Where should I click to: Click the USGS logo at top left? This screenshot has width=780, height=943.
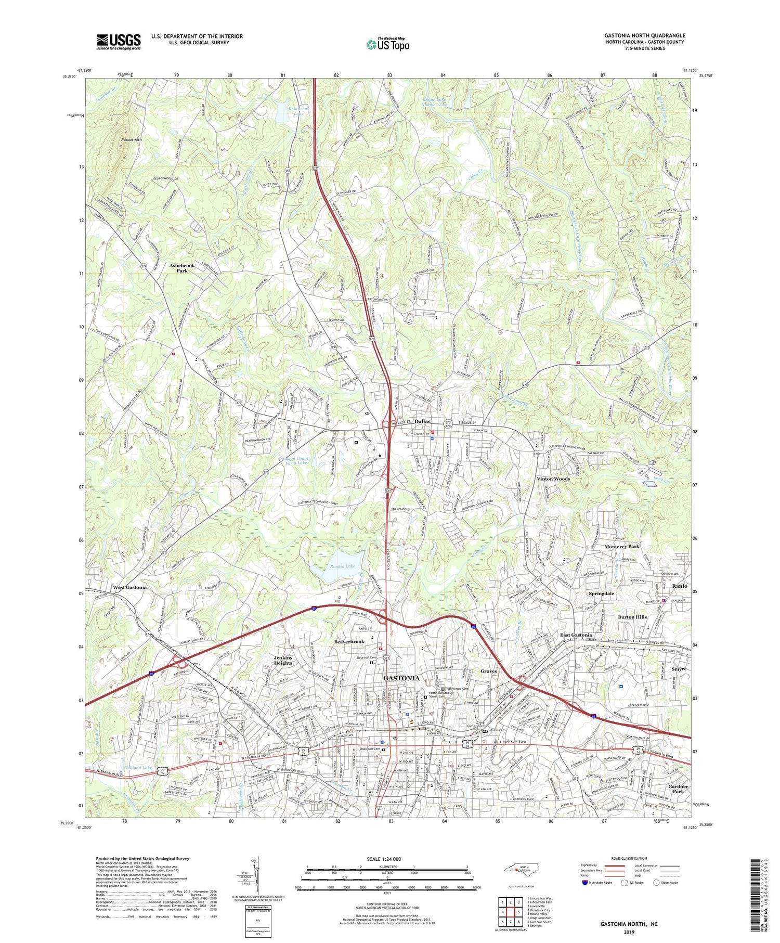(119, 42)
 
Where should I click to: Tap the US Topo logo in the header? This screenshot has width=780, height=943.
(388, 44)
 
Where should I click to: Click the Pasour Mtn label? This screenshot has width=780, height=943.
(131, 140)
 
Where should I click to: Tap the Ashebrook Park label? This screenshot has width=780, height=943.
(182, 268)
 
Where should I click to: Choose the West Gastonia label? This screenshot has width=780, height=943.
(129, 587)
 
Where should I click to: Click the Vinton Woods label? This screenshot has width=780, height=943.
(553, 479)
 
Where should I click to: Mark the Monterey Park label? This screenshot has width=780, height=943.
(621, 547)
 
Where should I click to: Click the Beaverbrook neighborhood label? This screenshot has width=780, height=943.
(349, 642)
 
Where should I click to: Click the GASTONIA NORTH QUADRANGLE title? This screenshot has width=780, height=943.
(644, 35)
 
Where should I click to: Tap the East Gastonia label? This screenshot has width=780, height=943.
(576, 635)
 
